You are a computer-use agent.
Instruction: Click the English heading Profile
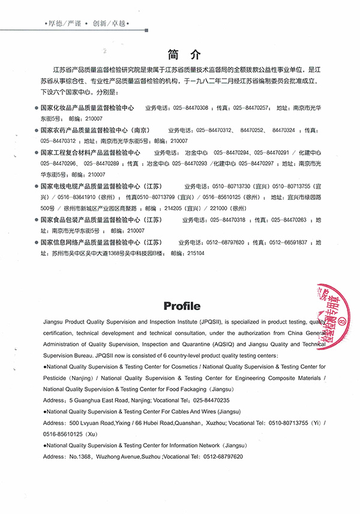point(182,306)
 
